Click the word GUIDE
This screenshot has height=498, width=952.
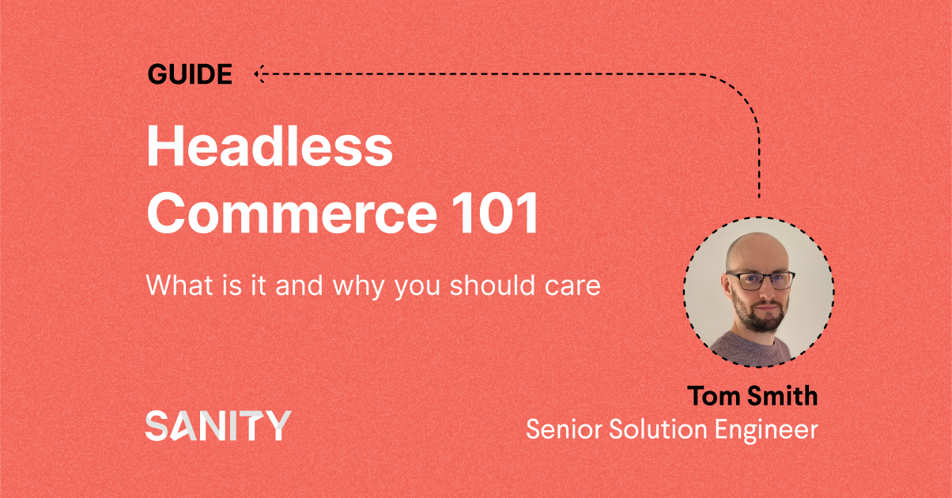(x=190, y=74)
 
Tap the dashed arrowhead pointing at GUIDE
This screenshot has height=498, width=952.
(x=259, y=74)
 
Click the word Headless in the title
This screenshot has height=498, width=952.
(x=270, y=145)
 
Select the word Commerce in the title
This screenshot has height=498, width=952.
(x=292, y=213)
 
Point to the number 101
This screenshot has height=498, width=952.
(x=495, y=213)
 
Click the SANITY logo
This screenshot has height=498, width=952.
(x=218, y=425)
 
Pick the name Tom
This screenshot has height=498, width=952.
(x=713, y=396)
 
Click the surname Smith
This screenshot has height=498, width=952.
(x=783, y=395)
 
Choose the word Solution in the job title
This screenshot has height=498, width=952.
(x=658, y=429)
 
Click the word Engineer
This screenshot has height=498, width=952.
(x=766, y=430)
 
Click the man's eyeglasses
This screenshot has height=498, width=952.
(x=761, y=281)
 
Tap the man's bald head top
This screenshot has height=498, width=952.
(x=757, y=247)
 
